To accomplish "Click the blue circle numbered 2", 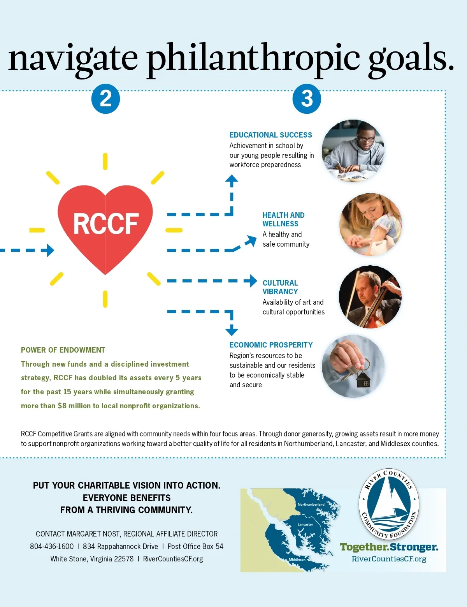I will tap(105, 99).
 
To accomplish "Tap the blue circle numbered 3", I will tap(307, 99).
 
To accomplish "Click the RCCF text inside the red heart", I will tap(105, 224).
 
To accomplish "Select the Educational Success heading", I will tap(270, 135).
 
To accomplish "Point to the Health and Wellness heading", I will tap(283, 219).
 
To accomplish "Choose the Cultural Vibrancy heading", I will tap(280, 287).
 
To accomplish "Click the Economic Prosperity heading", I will tap(271, 345).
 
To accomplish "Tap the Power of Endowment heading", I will tap(63, 350).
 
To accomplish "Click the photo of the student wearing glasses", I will tap(353, 151).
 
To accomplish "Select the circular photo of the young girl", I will tap(370, 224).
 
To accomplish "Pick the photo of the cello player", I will tap(370, 297).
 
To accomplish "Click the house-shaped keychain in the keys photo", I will tap(363, 380).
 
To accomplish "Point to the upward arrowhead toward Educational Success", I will tap(232, 179).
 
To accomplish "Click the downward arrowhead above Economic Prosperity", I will tap(232, 331).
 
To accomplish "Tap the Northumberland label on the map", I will tap(311, 504).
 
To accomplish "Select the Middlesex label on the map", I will tap(297, 559).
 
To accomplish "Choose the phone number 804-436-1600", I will tap(52, 546).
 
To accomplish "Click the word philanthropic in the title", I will tap(253, 58).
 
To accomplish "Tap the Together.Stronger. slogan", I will tap(389, 547).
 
